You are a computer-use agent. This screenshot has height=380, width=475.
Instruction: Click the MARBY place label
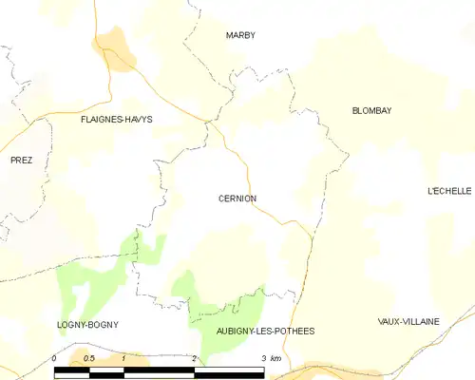(240, 35)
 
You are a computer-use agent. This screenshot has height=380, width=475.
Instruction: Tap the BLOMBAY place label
(371, 111)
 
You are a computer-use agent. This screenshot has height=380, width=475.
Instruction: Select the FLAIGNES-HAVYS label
(117, 120)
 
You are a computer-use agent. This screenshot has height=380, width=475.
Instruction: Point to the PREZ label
(21, 161)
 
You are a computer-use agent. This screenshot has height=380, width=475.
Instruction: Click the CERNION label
(237, 199)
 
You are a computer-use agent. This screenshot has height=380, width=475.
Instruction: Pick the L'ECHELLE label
(449, 191)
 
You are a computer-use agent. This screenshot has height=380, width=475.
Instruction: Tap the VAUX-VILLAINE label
(408, 321)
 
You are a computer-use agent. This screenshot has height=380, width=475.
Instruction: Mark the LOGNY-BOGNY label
(87, 325)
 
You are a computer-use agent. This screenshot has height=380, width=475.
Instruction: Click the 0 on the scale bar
(55, 357)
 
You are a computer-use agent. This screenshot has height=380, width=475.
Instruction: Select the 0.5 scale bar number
(88, 357)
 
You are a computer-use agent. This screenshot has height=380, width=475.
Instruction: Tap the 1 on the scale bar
(123, 357)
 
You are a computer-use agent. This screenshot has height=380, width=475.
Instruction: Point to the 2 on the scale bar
(194, 357)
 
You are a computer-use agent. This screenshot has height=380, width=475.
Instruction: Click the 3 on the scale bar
(263, 357)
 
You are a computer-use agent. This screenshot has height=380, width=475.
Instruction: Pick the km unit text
(276, 357)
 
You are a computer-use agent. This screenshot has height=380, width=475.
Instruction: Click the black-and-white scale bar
(159, 371)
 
